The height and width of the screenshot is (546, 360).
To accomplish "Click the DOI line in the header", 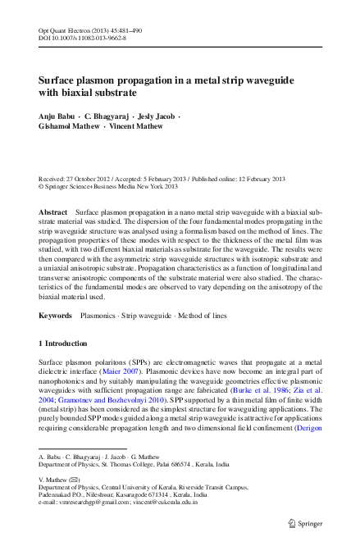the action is pos(82,38).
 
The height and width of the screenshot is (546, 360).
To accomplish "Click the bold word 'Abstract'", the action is pos(53,212).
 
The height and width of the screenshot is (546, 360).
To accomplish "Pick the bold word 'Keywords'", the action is pos(55,315).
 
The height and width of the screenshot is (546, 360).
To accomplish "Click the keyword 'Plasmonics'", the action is pos(98,315).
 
